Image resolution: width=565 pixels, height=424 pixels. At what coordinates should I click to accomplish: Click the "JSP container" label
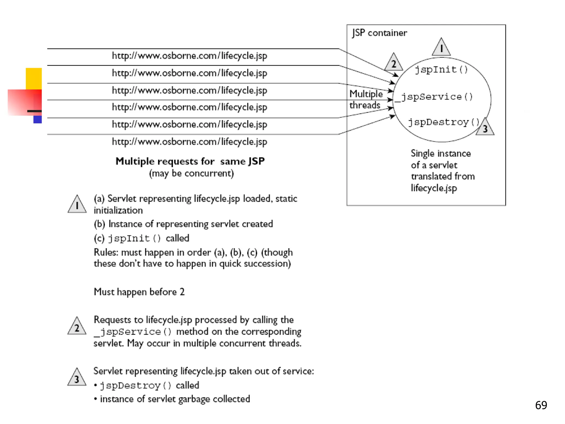click(379, 33)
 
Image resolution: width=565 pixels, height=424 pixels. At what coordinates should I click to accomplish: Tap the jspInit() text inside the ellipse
click(441, 69)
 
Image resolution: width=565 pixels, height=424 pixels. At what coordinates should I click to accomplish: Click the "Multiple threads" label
click(366, 99)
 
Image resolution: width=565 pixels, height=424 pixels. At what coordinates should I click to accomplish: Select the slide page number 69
click(541, 405)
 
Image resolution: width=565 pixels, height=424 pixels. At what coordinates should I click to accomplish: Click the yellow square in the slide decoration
click(34, 78)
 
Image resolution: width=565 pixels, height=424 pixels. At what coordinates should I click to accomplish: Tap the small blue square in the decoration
click(38, 120)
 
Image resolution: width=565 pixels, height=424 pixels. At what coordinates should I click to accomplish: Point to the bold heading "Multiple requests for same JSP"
click(190, 161)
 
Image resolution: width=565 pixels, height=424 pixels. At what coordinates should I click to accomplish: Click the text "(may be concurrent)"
click(191, 173)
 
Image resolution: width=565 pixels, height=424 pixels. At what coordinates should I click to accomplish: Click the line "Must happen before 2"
click(139, 292)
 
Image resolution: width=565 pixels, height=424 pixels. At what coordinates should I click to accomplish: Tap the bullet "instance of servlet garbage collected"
click(175, 399)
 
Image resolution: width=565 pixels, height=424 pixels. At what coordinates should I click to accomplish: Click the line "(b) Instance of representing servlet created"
click(183, 224)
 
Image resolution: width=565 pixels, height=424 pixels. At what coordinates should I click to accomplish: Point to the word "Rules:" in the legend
click(106, 252)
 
